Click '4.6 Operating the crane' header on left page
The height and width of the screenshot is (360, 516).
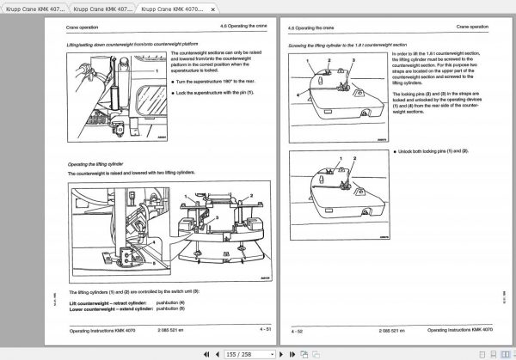236,27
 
